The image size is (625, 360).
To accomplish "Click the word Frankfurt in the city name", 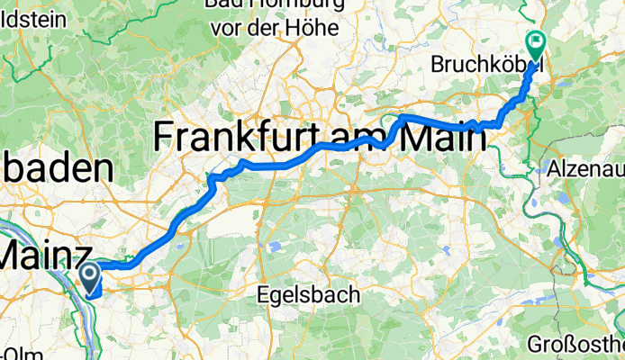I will pos(235,138).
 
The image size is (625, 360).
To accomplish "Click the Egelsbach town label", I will pos(309,294).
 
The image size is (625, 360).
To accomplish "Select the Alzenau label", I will pos(585,168).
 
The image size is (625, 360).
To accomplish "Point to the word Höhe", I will pos(312,28).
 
